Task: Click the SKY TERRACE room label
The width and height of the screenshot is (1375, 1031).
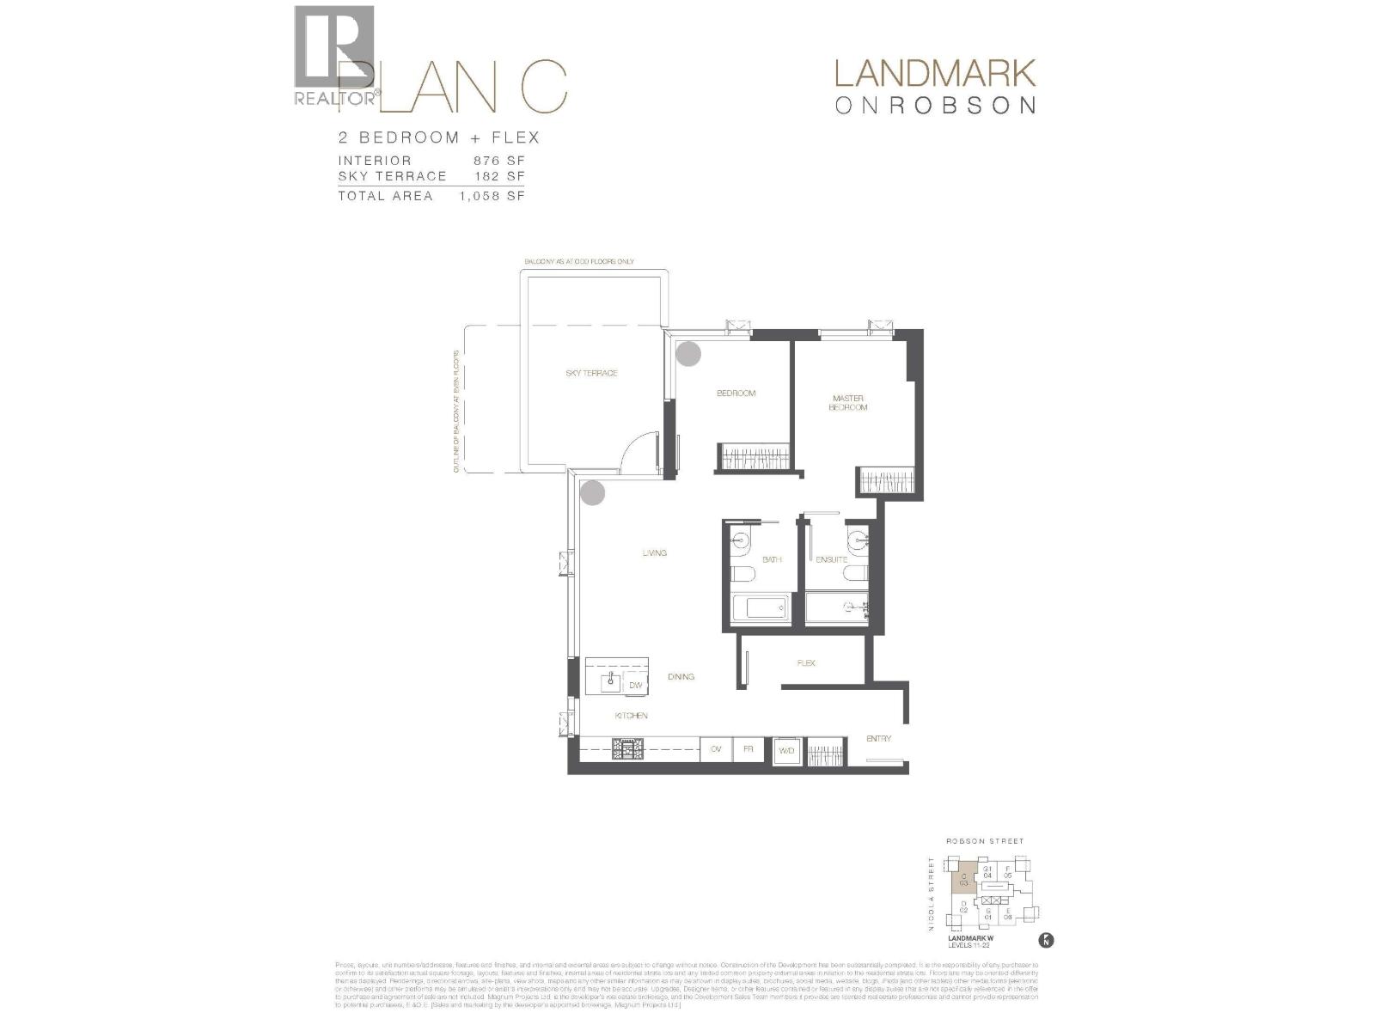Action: (x=591, y=374)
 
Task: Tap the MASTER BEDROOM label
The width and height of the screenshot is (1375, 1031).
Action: (x=847, y=403)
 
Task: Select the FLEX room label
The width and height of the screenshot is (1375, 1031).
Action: (x=806, y=663)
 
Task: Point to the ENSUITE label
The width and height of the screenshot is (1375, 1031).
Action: (x=831, y=560)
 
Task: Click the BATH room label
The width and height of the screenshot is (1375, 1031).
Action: (x=772, y=560)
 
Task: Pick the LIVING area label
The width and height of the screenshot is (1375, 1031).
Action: (x=654, y=553)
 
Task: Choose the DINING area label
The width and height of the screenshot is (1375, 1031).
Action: (x=681, y=677)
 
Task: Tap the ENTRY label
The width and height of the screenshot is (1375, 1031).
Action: (x=878, y=739)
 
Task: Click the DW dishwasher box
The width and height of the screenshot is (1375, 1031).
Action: (x=636, y=685)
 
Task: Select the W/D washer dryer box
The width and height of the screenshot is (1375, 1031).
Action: (x=787, y=751)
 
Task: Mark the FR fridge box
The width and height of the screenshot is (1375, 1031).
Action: (x=749, y=750)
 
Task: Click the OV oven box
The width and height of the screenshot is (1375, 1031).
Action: (x=716, y=750)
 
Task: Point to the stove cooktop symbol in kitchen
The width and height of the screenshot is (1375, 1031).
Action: (x=626, y=750)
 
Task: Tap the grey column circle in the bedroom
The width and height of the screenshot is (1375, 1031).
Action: (x=688, y=353)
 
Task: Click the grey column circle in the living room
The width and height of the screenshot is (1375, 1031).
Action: (x=592, y=492)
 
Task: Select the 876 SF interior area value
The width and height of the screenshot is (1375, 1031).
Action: (x=498, y=161)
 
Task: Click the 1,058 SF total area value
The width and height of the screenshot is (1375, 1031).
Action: (x=492, y=196)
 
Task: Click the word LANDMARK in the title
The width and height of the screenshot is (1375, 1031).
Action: (x=935, y=74)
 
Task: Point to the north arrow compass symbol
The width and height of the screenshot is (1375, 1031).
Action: (x=1046, y=940)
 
